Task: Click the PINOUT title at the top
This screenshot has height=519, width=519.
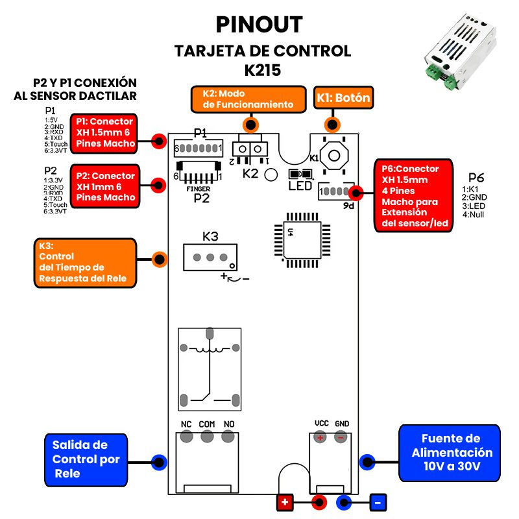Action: pyautogui.click(x=259, y=24)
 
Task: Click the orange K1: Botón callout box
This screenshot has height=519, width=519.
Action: pyautogui.click(x=343, y=99)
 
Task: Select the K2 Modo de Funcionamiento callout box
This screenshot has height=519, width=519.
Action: pyautogui.click(x=247, y=99)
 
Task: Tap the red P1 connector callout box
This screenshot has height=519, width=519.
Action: pyautogui.click(x=104, y=132)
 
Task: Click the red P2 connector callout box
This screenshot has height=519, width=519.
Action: pyautogui.click(x=104, y=187)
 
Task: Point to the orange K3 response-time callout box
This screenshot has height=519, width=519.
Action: pyautogui.click(x=84, y=262)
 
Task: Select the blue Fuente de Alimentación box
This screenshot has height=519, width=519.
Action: pyautogui.click(x=450, y=453)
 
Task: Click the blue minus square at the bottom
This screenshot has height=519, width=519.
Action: pyautogui.click(x=378, y=502)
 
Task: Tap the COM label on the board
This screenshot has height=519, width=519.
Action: pyautogui.click(x=207, y=424)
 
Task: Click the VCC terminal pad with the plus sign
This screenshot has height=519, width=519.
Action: pyautogui.click(x=320, y=438)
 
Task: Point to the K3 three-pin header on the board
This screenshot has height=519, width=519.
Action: pyautogui.click(x=210, y=257)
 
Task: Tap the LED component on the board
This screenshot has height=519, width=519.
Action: pyautogui.click(x=300, y=174)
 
